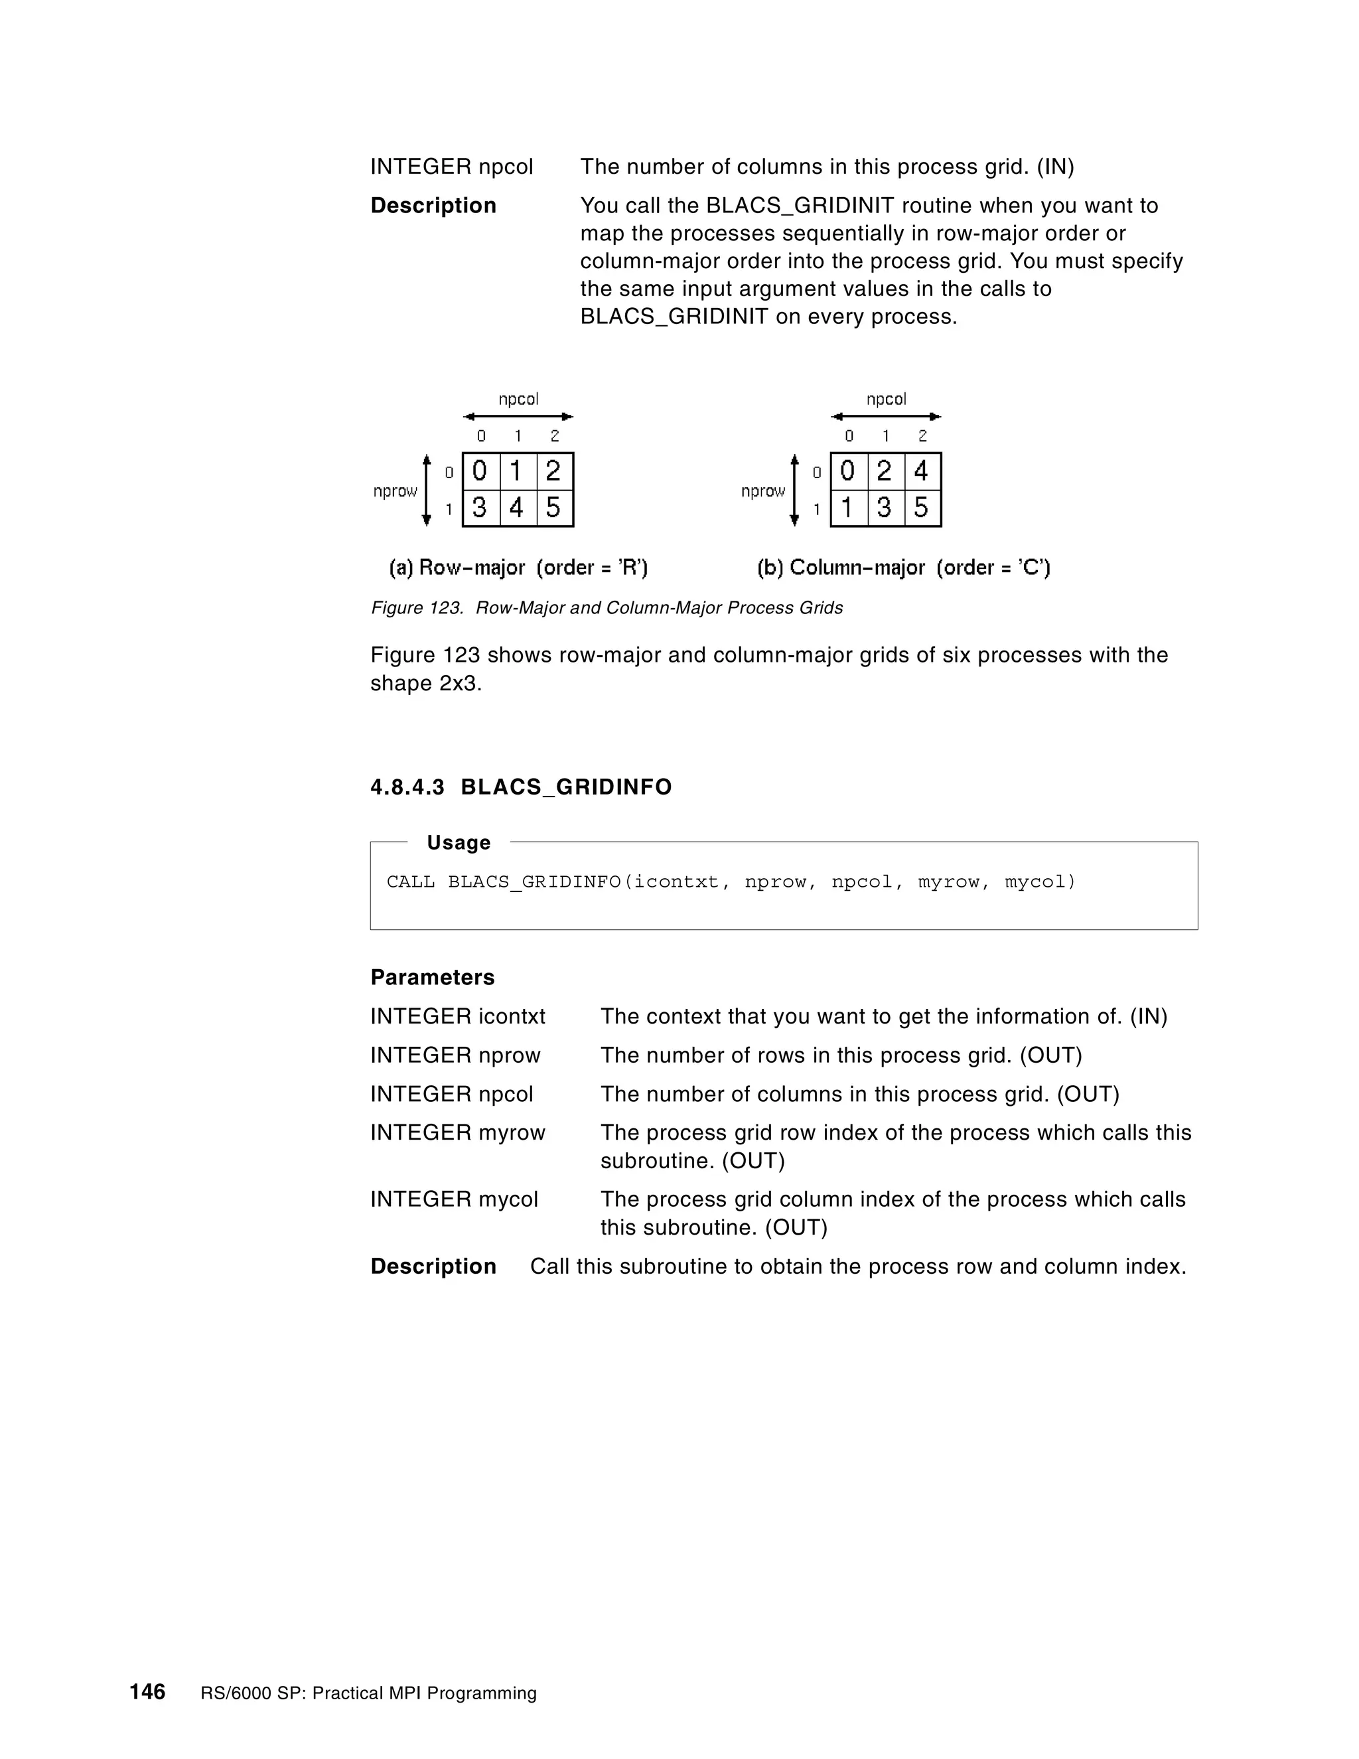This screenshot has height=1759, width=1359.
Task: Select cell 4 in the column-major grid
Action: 922,471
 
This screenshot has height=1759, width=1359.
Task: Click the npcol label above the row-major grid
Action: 518,400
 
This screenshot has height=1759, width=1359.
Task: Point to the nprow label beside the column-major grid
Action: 762,491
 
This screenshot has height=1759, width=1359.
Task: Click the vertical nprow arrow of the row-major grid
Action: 427,491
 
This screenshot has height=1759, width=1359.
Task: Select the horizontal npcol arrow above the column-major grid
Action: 886,416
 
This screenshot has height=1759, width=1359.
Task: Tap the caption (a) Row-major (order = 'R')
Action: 518,568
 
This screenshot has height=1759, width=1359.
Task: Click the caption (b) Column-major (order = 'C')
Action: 903,568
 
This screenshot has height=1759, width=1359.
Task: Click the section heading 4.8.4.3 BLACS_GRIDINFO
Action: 521,787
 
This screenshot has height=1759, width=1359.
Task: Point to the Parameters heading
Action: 433,977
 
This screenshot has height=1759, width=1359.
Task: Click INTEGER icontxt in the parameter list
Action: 457,1016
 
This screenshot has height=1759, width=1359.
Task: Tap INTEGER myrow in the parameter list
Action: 457,1132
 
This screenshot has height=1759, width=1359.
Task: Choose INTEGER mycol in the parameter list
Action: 454,1199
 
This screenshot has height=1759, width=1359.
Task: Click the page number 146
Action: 147,1691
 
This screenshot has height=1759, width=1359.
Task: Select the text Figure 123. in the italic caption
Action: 417,608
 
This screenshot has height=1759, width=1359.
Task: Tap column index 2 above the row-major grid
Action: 555,435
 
